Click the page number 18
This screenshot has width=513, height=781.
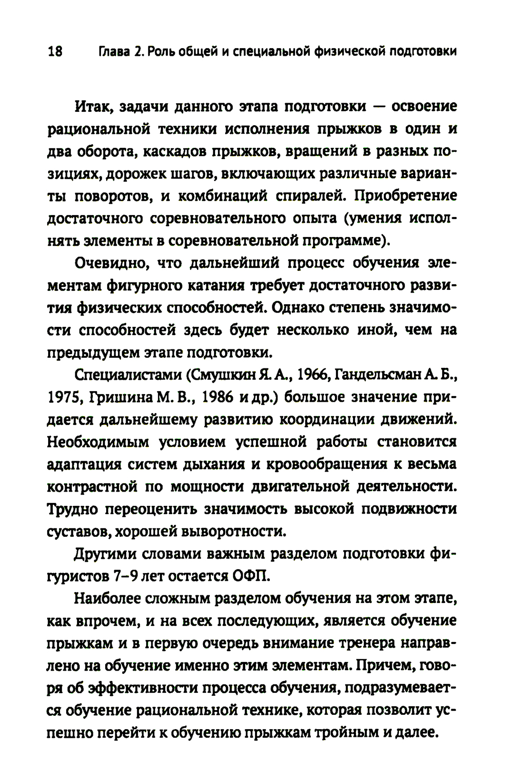click(x=54, y=52)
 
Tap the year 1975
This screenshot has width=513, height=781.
click(x=65, y=398)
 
